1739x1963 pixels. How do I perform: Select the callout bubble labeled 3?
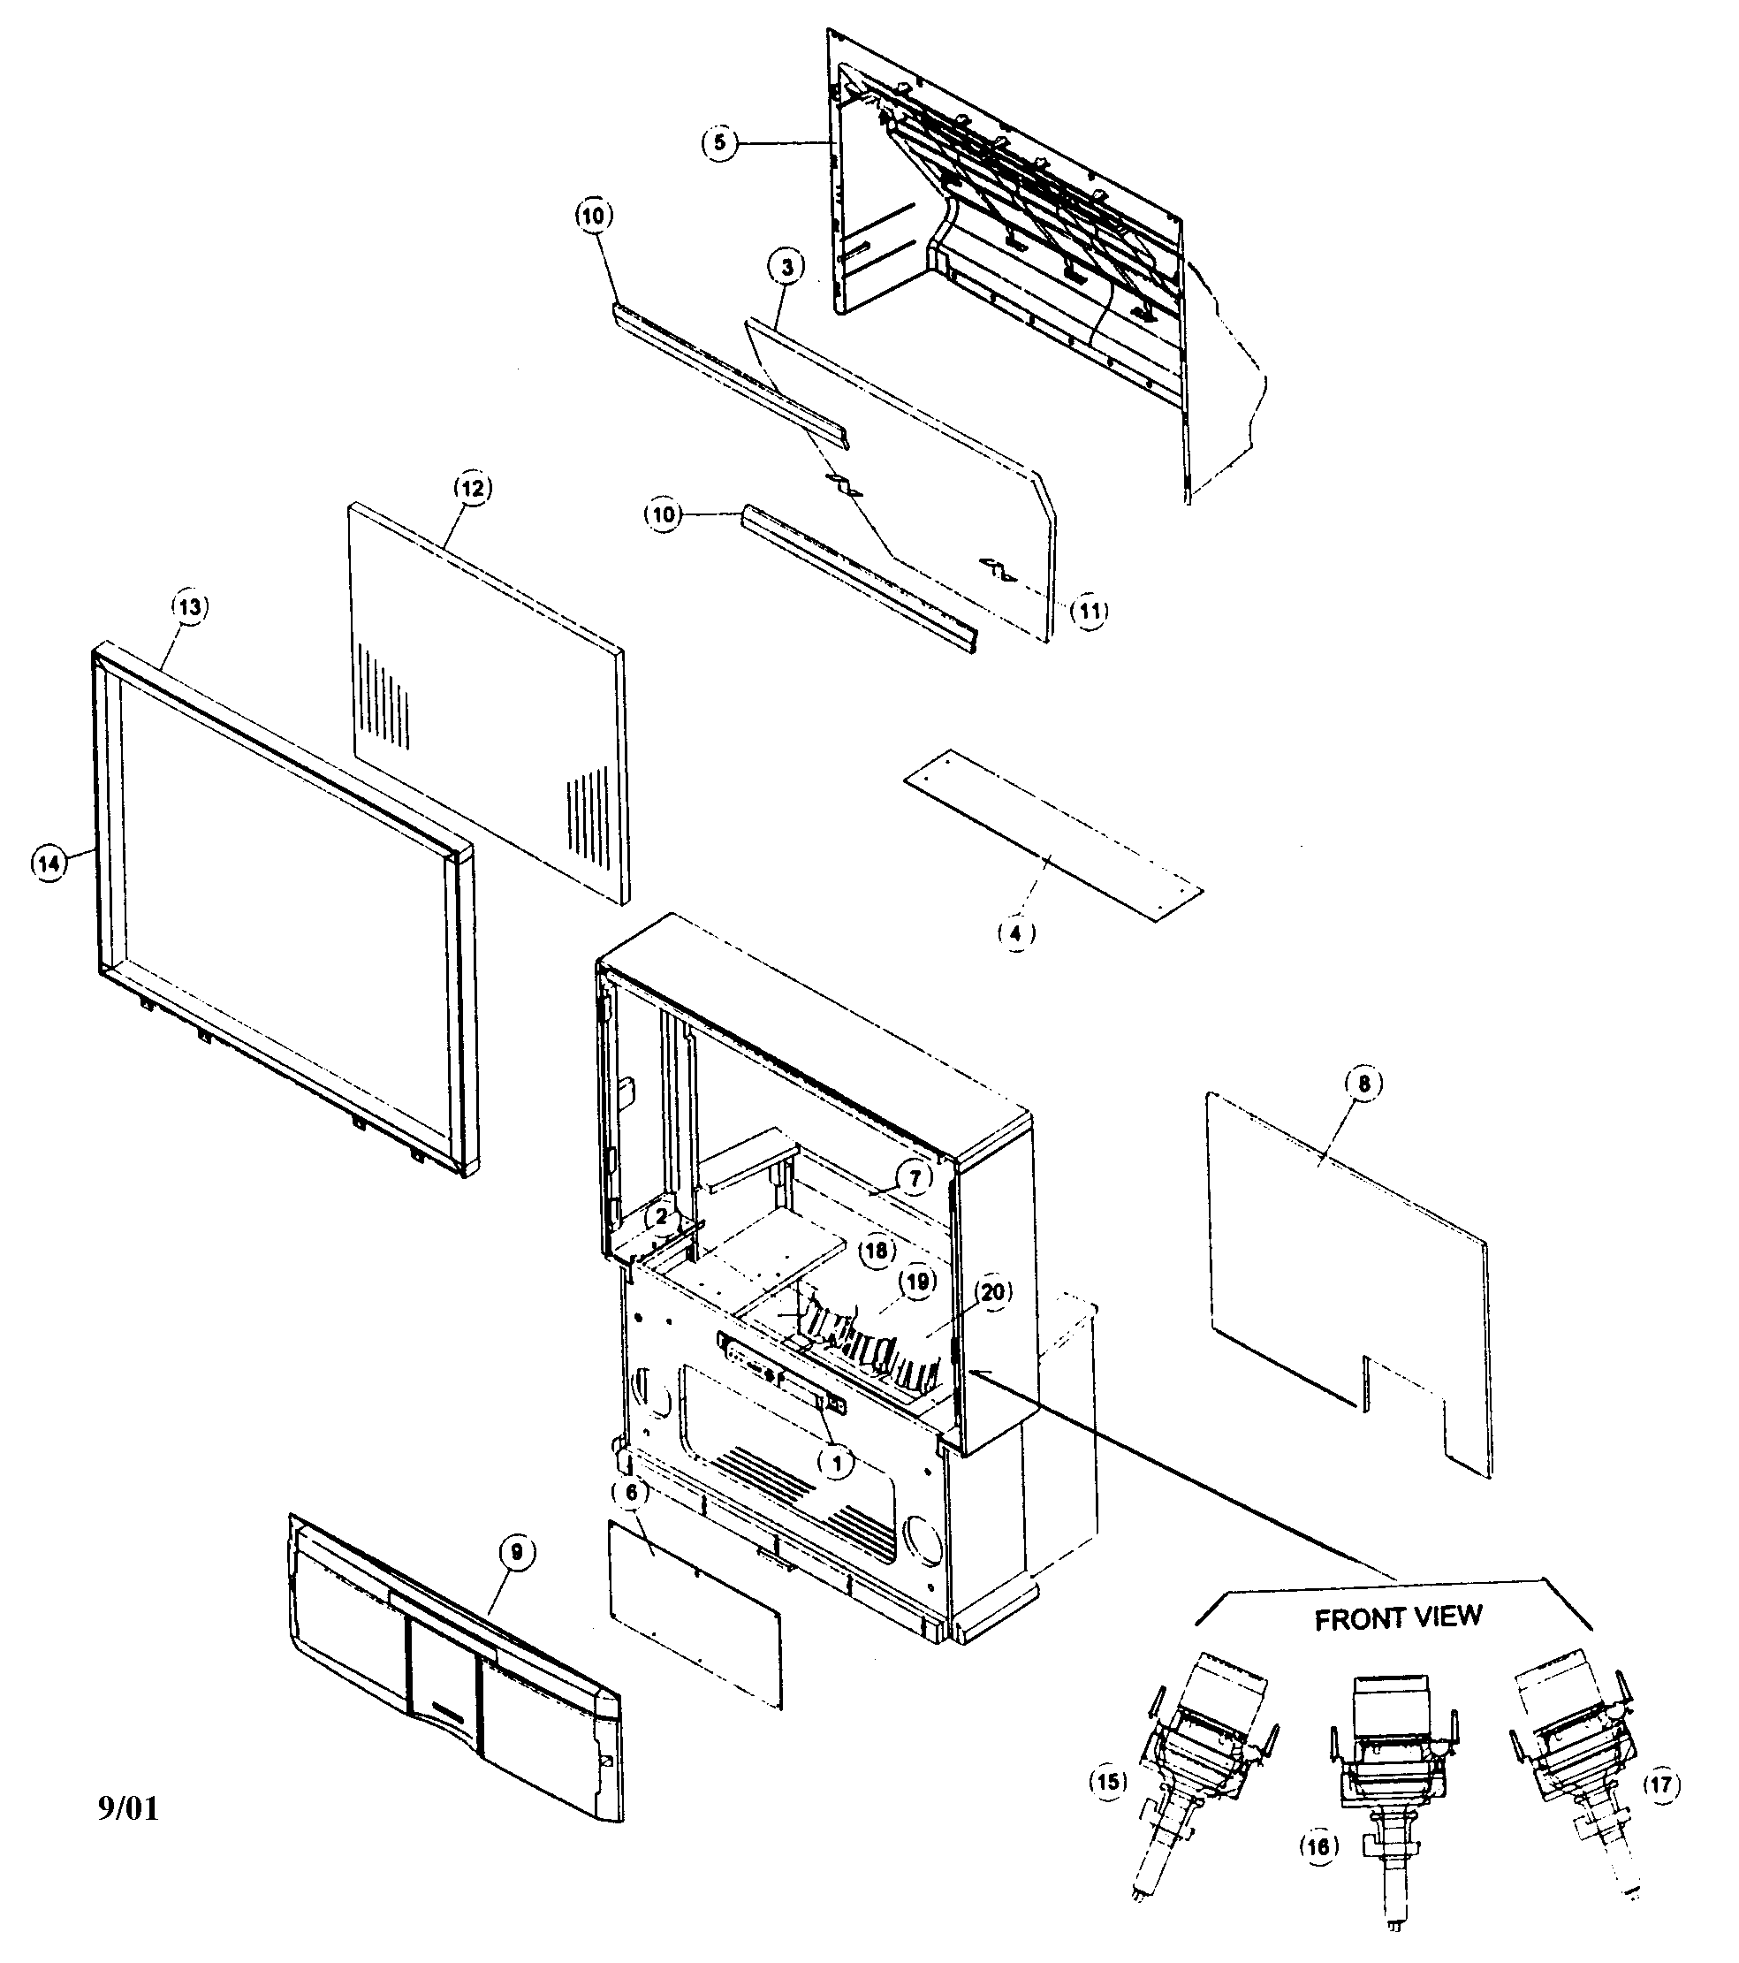tap(786, 267)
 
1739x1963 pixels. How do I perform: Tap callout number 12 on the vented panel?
tap(472, 488)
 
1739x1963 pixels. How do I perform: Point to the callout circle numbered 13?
tap(189, 607)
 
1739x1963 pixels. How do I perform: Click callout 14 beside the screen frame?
tap(49, 864)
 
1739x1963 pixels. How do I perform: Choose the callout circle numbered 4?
tap(1016, 932)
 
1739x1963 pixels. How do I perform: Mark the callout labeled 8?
tap(1363, 1084)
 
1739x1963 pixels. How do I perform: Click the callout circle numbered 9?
tap(517, 1553)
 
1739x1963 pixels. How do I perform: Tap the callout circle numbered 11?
tap(1089, 611)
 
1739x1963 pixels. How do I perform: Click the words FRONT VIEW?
tap(1397, 1618)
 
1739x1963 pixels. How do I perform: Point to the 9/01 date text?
tap(128, 1808)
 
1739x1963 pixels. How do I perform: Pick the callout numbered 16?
tap(1318, 1847)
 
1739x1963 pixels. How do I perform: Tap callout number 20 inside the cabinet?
tap(993, 1293)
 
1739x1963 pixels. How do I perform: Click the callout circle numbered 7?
tap(915, 1177)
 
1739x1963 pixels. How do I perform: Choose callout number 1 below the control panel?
tap(835, 1463)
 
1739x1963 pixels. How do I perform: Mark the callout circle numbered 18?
tap(876, 1251)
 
